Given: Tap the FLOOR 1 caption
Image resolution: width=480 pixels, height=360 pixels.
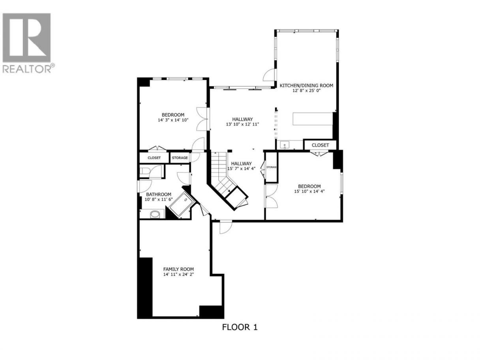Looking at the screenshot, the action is tap(240, 333).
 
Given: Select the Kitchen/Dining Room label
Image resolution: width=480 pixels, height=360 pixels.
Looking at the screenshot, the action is tap(306, 86).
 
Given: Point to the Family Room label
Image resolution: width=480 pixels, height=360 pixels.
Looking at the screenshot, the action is tap(178, 269).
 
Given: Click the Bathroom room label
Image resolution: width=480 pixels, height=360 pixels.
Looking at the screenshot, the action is tap(159, 194).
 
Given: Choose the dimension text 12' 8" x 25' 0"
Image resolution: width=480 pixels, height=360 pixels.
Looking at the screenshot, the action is tap(306, 90).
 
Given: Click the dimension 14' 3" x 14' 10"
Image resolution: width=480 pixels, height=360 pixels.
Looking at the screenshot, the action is tap(173, 120).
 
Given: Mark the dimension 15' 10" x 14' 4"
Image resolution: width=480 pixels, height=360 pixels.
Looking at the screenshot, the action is tap(309, 191).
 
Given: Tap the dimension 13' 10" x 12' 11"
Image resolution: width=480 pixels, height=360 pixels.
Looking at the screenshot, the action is tap(242, 124).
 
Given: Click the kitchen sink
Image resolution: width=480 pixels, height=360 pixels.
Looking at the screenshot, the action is tap(285, 145).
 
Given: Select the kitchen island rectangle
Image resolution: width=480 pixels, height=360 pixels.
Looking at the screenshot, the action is tap(313, 119).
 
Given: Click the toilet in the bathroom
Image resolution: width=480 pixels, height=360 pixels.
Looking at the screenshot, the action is tap(144, 171).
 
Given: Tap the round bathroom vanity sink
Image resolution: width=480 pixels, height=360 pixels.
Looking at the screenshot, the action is tap(155, 214).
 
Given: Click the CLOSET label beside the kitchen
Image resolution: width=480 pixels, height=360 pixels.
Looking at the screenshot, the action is tap(320, 145).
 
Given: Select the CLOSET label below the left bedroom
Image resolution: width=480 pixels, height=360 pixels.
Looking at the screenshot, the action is tap(154, 158).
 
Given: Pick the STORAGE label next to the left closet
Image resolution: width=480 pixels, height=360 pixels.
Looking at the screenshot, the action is tap(180, 158).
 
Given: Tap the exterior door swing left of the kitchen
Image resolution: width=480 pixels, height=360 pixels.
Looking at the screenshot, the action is tap(269, 75).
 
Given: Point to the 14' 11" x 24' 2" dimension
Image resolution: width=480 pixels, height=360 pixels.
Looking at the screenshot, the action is tap(178, 274).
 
